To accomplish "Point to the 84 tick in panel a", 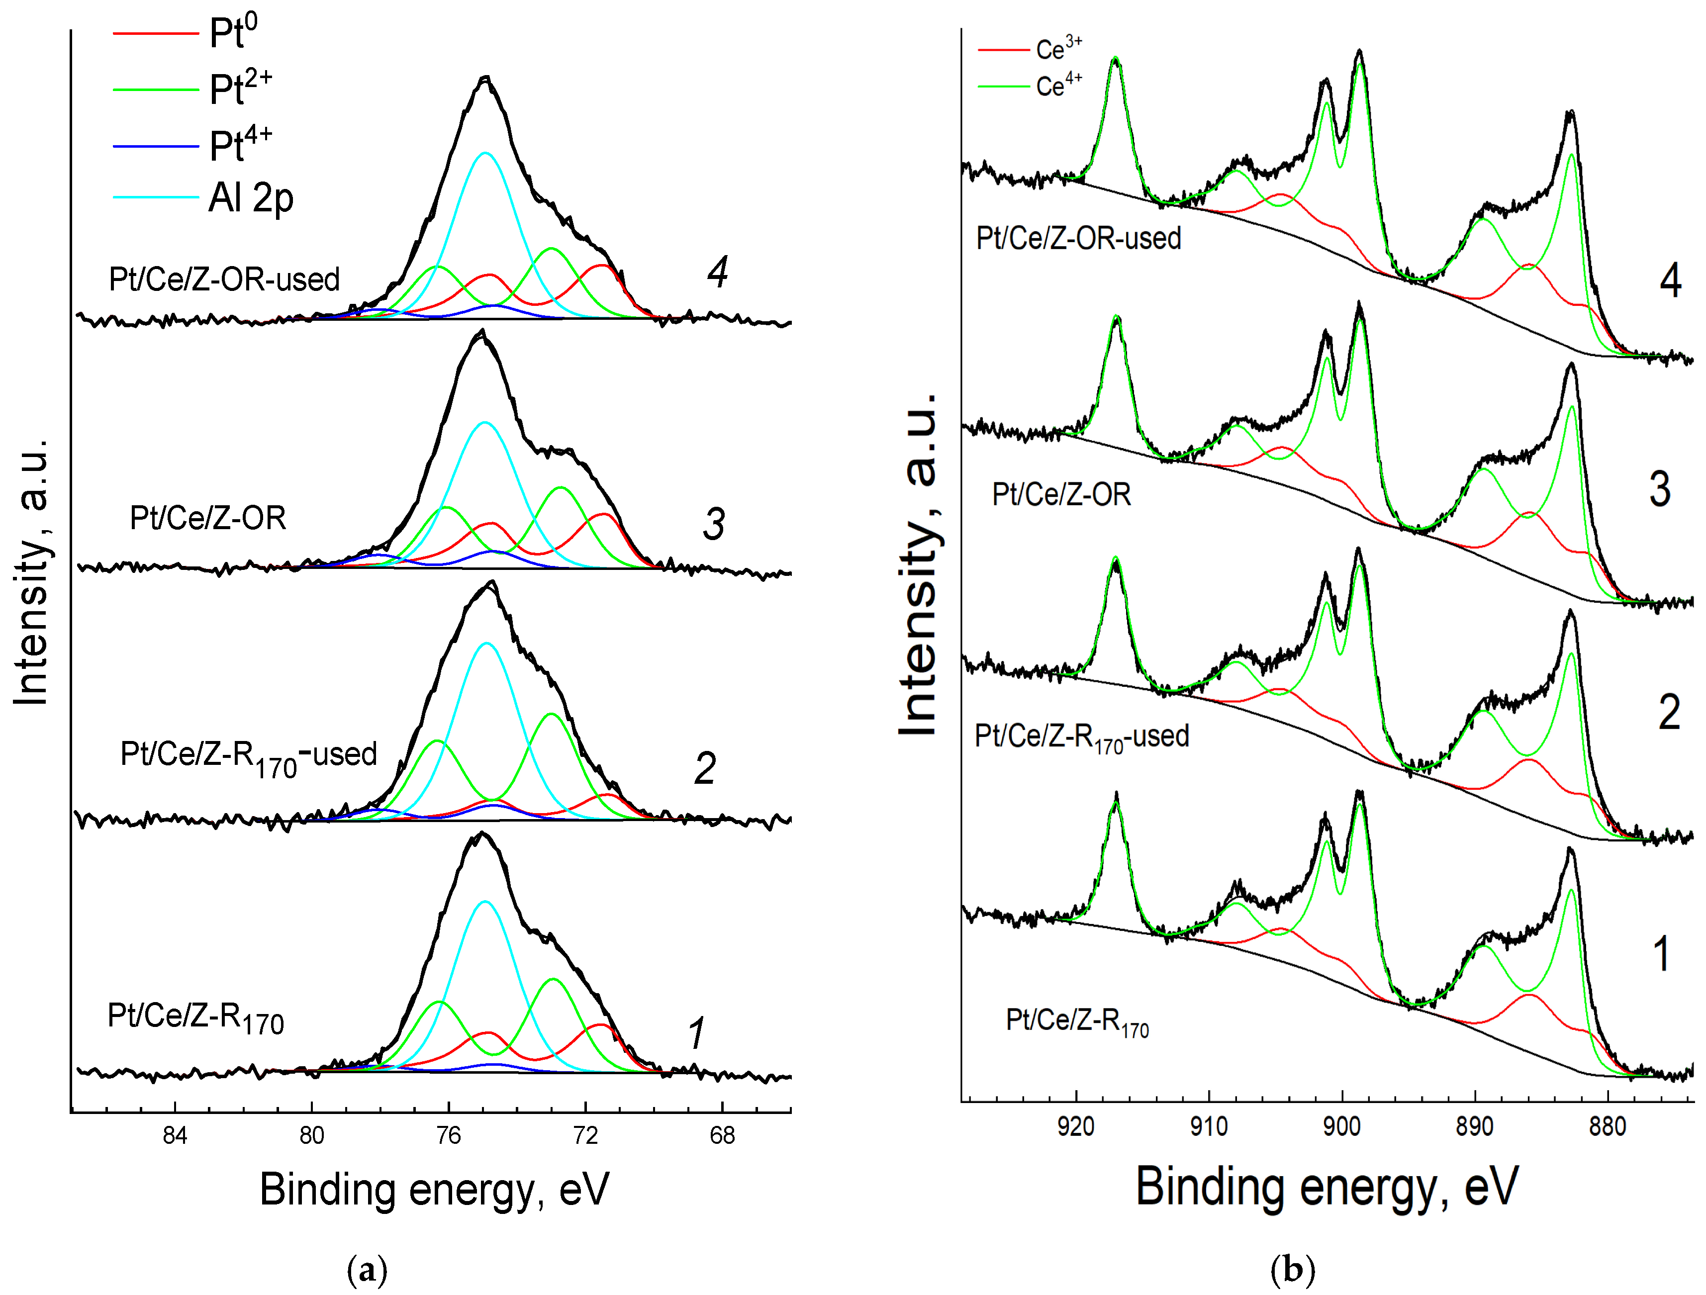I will pyautogui.click(x=175, y=1135).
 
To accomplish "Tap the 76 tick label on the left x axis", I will pyautogui.click(x=448, y=1135).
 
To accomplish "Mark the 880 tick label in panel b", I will pyautogui.click(x=1608, y=1127).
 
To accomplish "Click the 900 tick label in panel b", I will pyautogui.click(x=1342, y=1127).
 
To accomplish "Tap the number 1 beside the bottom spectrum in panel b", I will pyautogui.click(x=1662, y=953).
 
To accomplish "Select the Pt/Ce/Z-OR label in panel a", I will pyautogui.click(x=208, y=518).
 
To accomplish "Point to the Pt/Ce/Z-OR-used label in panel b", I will pyautogui.click(x=1078, y=238).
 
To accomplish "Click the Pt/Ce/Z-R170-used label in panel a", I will pyautogui.click(x=248, y=756).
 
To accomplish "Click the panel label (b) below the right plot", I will pyautogui.click(x=1293, y=1269).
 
